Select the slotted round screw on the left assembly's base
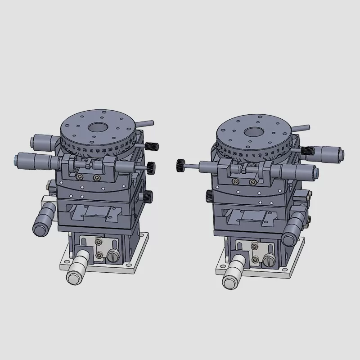(111, 257)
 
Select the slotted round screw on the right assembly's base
(269, 260)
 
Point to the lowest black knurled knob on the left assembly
(148, 196)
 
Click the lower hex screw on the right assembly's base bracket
(256, 260)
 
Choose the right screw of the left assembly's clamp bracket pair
(95, 178)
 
